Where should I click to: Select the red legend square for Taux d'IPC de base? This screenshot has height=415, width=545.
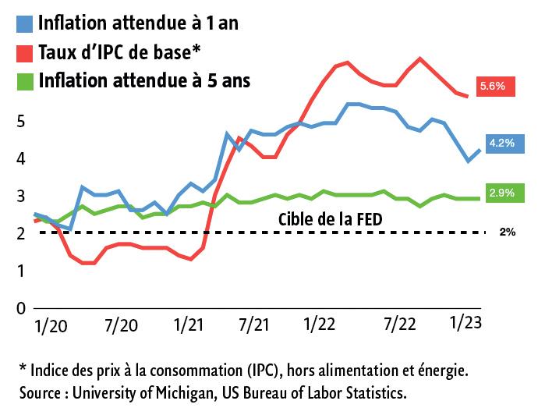(24, 53)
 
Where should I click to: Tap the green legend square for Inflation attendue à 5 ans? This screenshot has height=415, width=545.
(24, 82)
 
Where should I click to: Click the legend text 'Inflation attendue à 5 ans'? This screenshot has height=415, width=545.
(143, 81)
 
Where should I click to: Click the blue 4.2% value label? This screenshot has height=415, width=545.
(501, 143)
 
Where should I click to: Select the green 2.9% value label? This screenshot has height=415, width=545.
(501, 192)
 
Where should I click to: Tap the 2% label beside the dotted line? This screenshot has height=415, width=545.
(507, 232)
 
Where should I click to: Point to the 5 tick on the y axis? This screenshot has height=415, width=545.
(22, 122)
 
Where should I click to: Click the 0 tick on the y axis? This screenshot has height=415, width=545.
(22, 308)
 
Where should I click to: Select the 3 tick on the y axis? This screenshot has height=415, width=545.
(22, 196)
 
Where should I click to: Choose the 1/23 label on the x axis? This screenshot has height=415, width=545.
(467, 323)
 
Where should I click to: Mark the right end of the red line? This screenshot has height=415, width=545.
(467, 96)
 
